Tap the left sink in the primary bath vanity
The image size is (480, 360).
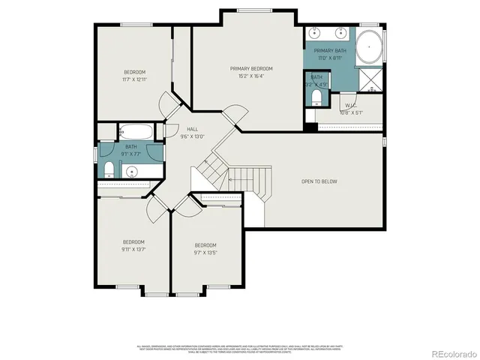(x=315, y=33)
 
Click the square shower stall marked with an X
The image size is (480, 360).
(x=370, y=79)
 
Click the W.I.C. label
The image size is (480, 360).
(x=350, y=106)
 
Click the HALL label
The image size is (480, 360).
(x=193, y=129)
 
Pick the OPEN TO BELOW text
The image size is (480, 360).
(x=318, y=181)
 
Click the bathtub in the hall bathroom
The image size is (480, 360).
(x=136, y=132)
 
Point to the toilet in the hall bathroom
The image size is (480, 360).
(x=108, y=167)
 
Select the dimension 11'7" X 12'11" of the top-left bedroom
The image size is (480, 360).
(x=134, y=79)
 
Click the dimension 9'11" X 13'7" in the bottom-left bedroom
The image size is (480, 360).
(x=133, y=249)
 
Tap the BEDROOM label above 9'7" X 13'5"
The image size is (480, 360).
(x=205, y=245)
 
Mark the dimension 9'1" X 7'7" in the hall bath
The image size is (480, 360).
(x=131, y=154)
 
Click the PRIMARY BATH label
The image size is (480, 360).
(x=330, y=51)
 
